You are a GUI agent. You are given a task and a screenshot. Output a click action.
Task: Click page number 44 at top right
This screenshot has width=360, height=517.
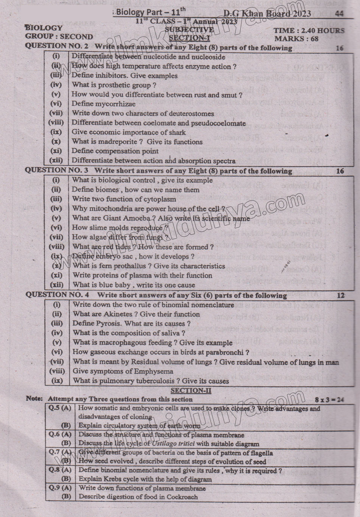tap(339, 14)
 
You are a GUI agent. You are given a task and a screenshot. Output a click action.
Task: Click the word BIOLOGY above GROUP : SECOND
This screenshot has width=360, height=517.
tap(44, 28)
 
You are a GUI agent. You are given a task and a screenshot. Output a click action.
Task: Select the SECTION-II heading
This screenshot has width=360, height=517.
tap(191, 390)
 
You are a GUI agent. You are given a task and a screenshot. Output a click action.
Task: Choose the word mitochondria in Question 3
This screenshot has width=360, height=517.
tap(109, 208)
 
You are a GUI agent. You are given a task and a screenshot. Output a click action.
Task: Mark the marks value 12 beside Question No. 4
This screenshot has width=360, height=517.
tap(340, 295)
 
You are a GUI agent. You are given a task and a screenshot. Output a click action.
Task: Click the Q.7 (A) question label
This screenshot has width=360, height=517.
tap(60, 452)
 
